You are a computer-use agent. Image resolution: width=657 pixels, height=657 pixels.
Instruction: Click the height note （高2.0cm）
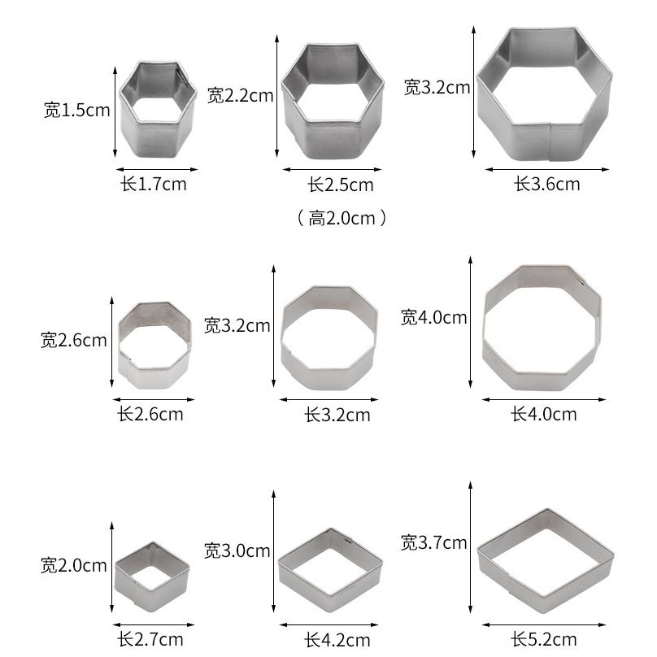(342, 218)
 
